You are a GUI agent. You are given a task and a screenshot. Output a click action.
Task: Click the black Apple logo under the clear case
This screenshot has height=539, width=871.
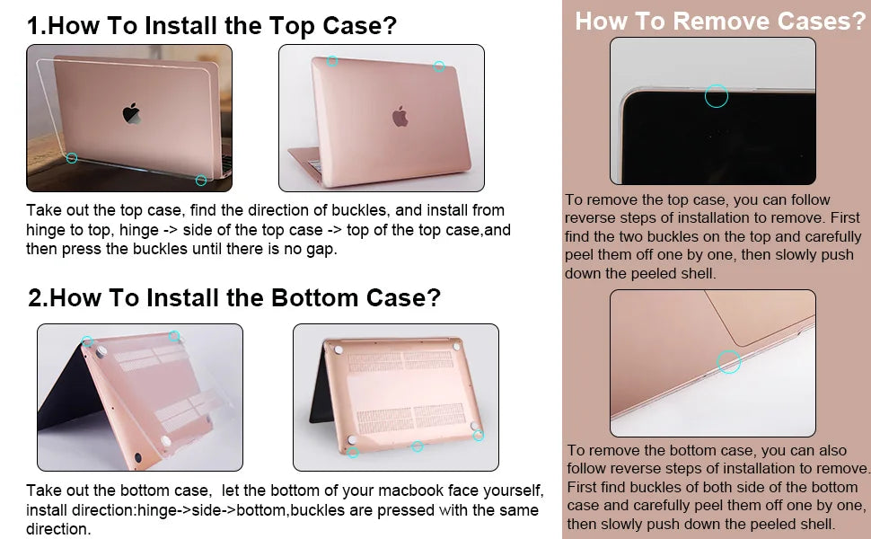[132, 113]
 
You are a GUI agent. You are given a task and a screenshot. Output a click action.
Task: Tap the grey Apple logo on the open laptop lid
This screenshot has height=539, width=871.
[400, 116]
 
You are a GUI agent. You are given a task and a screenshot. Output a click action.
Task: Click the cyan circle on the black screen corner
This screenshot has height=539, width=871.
[716, 95]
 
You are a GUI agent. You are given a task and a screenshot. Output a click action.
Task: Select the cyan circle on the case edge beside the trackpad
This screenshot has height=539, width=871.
[729, 362]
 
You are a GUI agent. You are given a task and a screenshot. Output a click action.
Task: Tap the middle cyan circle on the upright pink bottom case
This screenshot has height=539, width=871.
[417, 446]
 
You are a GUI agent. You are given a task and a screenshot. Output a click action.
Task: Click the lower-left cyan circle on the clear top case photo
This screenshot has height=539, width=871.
[72, 158]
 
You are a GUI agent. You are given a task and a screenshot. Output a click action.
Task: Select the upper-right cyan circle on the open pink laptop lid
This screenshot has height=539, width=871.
[439, 66]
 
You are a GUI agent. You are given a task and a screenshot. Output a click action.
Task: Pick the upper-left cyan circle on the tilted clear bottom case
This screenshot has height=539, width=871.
[87, 342]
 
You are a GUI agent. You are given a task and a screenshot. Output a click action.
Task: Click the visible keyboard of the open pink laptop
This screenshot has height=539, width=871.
[315, 165]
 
